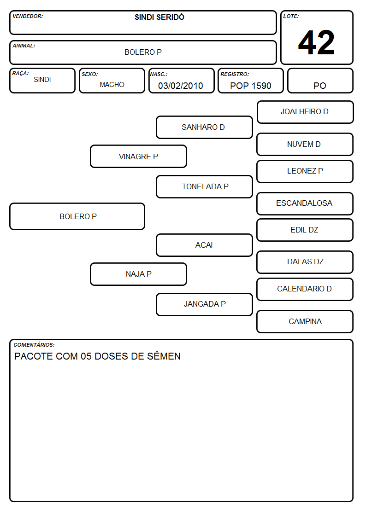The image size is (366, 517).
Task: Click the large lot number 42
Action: (316, 42)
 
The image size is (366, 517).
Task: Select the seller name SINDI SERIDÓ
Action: (159, 17)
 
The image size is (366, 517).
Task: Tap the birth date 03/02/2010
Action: (181, 86)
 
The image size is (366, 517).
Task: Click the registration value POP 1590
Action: (250, 86)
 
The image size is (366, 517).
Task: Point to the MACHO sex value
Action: (112, 85)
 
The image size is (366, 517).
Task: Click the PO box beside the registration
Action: (320, 81)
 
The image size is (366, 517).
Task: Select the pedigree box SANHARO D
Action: (204, 127)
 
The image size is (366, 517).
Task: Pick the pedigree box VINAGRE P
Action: (139, 156)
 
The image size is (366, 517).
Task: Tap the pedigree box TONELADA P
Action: (204, 186)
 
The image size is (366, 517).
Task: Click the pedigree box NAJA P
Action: (139, 274)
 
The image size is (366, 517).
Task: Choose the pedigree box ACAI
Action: (204, 245)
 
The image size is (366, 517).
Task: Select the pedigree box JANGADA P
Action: (204, 304)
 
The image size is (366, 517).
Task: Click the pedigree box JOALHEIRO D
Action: (305, 112)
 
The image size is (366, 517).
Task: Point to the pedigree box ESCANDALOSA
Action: (305, 203)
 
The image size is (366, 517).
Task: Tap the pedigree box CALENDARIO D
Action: (305, 289)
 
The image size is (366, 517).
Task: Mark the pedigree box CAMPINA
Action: (305, 321)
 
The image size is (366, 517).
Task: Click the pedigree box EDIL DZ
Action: (305, 230)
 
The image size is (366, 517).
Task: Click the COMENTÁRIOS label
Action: (34, 345)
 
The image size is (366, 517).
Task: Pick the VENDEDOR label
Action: (28, 16)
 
